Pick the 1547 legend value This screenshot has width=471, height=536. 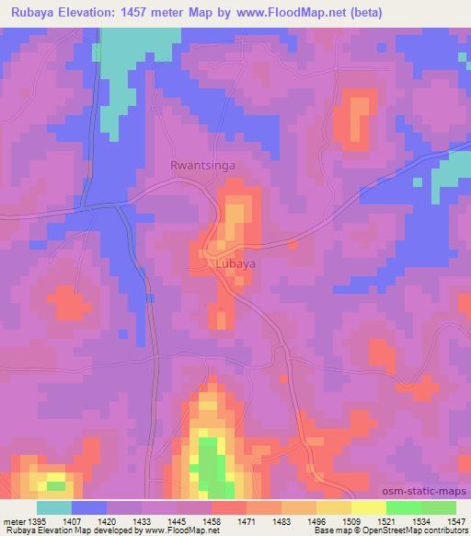coord(455,520)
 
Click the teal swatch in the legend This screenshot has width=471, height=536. coord(54,507)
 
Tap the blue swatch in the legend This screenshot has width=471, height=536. coord(89,507)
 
